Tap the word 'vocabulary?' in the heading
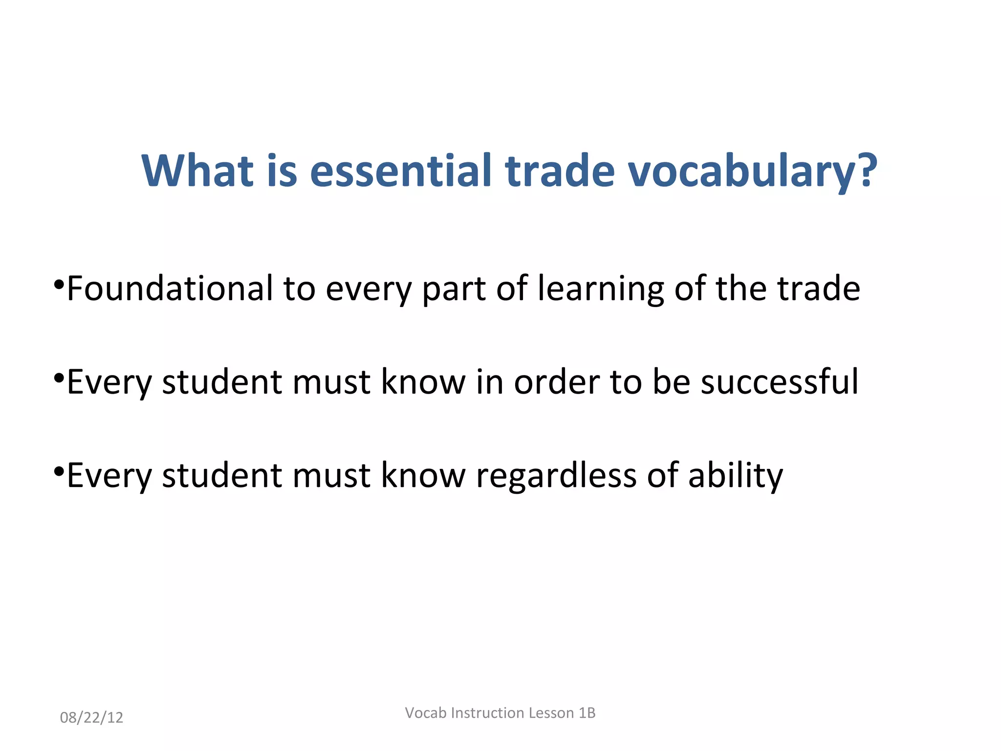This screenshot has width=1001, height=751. (753, 171)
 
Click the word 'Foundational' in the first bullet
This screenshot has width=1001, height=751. (170, 288)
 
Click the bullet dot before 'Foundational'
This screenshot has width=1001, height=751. (59, 284)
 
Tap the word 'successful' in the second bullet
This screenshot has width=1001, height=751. (780, 381)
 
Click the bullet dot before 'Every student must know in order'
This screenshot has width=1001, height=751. (59, 377)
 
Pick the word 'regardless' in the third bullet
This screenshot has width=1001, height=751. (556, 476)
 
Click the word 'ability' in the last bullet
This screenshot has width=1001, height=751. (735, 476)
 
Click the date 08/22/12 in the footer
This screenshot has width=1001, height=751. (91, 717)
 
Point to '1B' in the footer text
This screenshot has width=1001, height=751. (587, 713)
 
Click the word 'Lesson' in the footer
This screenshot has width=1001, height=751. (551, 713)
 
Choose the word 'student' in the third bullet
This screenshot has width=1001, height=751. (222, 475)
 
